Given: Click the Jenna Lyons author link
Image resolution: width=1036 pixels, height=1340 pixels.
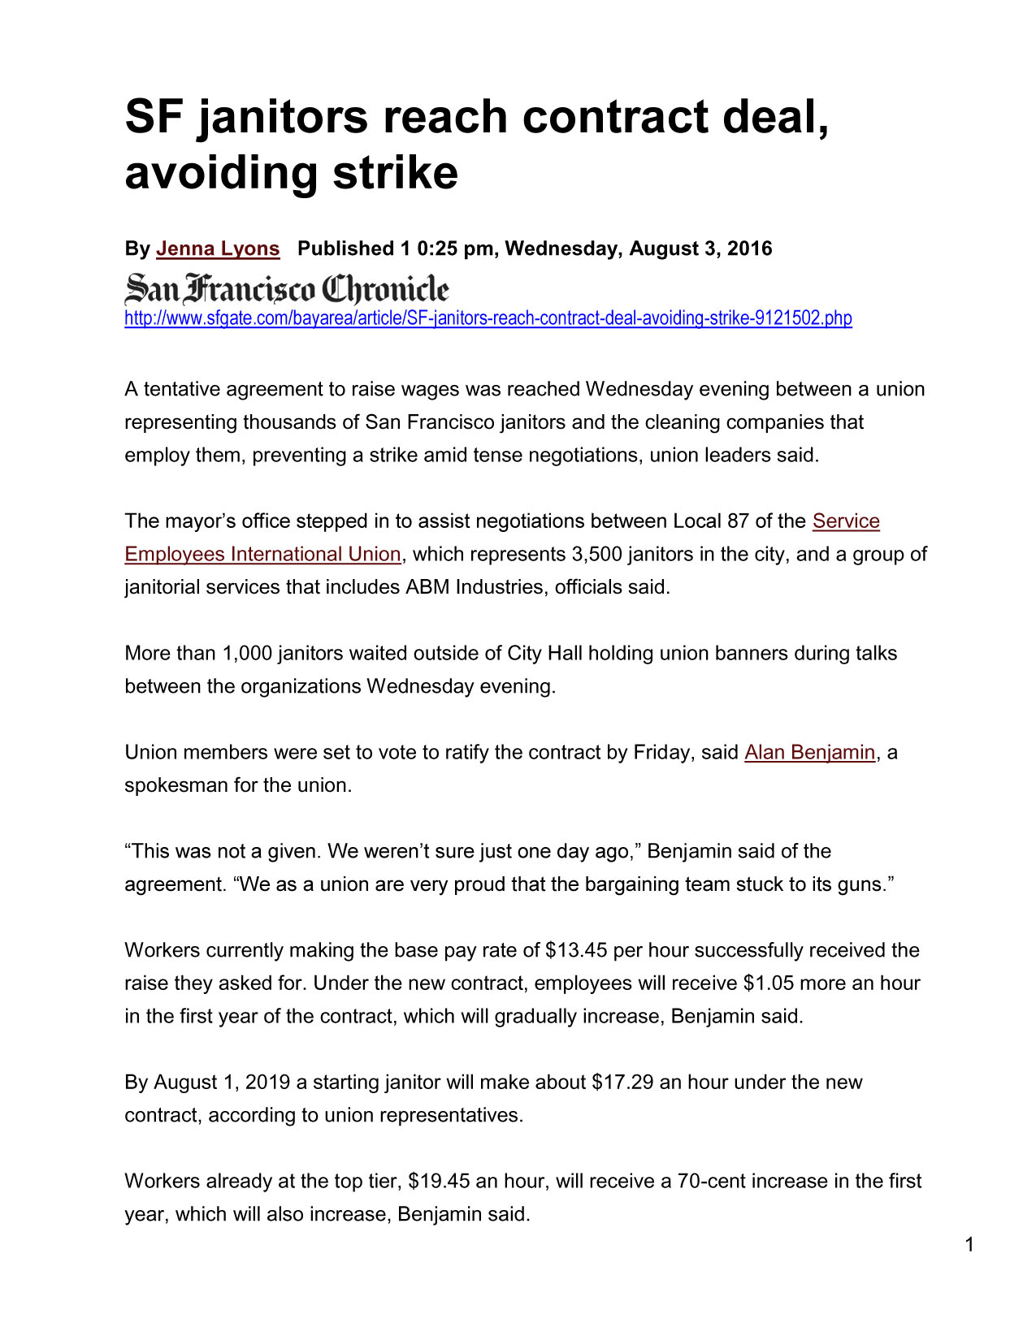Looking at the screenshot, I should point(218,249).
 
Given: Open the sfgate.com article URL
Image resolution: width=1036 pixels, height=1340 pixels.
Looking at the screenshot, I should point(488,318).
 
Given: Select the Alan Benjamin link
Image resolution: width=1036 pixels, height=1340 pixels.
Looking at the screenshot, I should point(809,752).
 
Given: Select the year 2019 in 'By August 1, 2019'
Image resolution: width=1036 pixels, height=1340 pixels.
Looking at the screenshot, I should point(267,1082).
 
